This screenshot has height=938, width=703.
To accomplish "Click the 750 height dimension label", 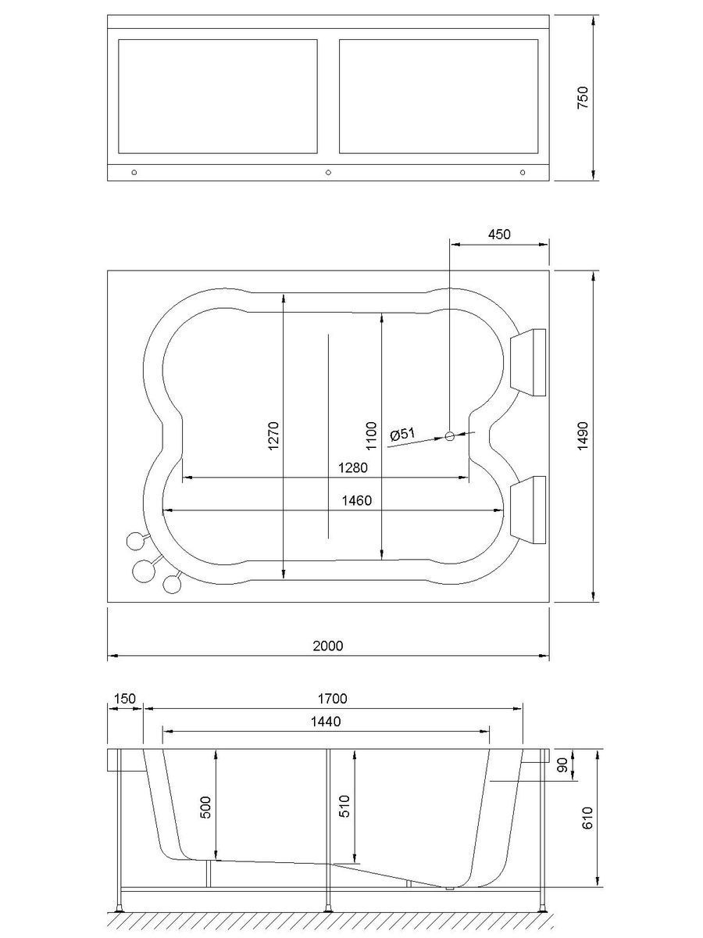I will click(583, 98).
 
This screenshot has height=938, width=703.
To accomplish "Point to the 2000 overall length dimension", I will click(327, 645).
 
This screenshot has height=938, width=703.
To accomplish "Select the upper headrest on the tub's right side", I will click(527, 361).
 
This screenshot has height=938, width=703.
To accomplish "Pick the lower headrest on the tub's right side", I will click(527, 508).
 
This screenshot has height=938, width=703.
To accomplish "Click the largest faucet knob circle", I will click(143, 571).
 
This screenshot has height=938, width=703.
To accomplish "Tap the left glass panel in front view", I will click(217, 96).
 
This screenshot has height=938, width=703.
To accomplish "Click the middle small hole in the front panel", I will click(328, 173).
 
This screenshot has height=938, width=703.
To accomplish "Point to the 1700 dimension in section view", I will click(332, 698).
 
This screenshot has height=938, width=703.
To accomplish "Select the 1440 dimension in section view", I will click(326, 721).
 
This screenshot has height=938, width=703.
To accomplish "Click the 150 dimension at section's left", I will click(124, 698).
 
